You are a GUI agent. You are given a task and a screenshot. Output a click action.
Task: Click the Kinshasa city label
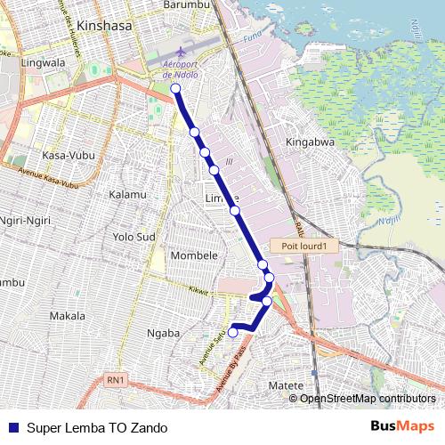tap(105, 27)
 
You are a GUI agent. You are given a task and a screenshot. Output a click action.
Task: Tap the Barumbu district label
tap(186, 5)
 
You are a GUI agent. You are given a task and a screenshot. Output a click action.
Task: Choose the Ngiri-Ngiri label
tap(27, 219)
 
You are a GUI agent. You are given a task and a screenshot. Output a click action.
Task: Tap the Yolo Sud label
tap(134, 238)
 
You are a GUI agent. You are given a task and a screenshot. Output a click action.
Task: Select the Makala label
tap(68, 316)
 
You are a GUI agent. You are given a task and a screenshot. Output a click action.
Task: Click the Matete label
tap(286, 385)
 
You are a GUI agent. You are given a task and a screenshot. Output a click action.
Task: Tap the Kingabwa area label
tap(310, 142)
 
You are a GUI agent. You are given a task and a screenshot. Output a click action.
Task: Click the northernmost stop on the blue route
tap(175, 89)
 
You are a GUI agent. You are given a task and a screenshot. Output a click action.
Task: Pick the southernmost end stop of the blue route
tap(233, 333)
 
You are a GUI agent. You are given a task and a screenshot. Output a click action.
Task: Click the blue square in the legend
tap(13, 427)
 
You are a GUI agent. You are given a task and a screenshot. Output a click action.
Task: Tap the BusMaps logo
tap(403, 426)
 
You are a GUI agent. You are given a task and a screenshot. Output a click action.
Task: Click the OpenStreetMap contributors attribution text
tap(368, 398)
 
